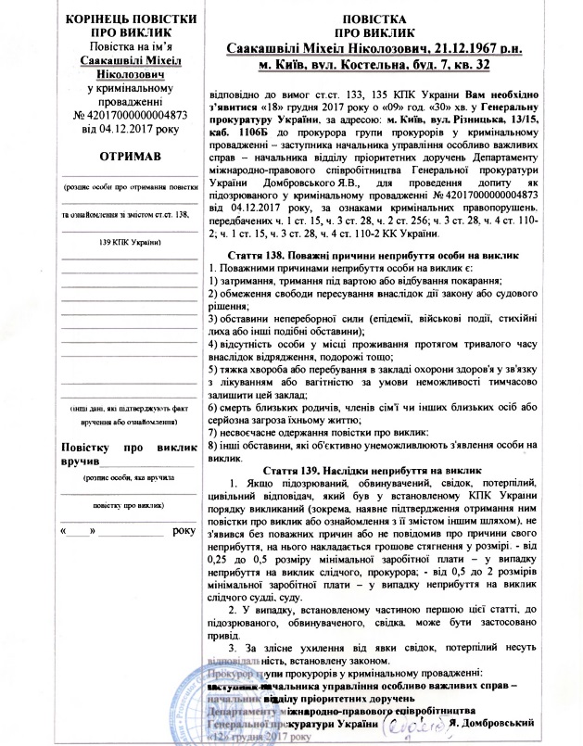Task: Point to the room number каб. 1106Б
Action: (243, 146)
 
